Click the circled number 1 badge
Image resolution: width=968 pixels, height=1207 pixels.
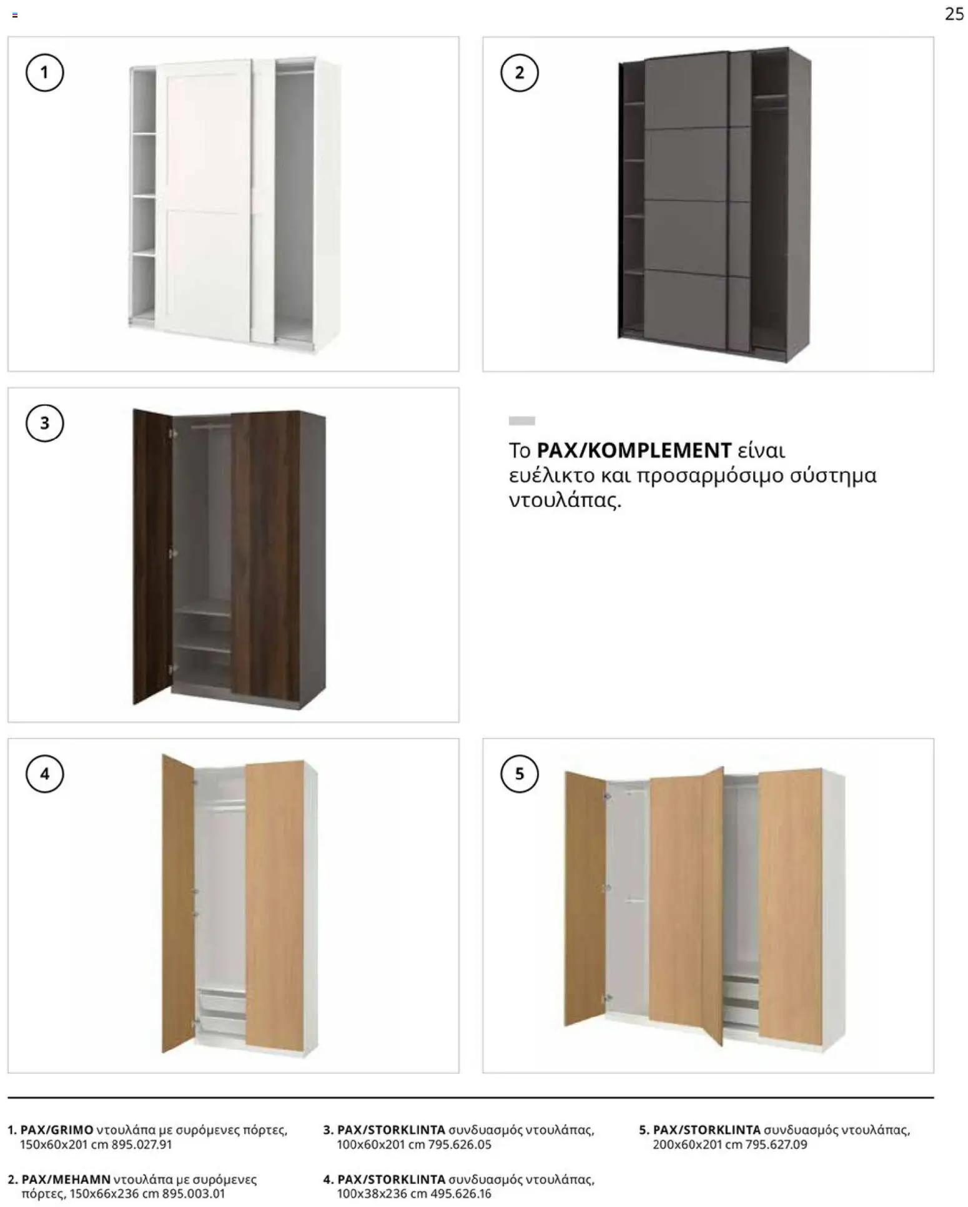point(44,73)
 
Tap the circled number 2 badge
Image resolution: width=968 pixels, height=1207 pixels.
point(519,73)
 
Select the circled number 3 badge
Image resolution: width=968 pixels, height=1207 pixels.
point(44,423)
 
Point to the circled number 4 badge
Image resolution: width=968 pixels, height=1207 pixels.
point(44,774)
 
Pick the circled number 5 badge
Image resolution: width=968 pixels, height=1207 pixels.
point(519,774)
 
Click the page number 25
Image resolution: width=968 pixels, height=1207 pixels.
point(954,14)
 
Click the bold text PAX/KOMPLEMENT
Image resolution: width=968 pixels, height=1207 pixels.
point(634,450)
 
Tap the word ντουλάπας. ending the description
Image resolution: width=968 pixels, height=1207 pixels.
point(565,501)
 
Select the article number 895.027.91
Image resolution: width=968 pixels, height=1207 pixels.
point(141,1145)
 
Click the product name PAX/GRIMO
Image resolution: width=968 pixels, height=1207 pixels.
point(57,1130)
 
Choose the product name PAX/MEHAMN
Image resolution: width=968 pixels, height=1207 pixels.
point(66,1180)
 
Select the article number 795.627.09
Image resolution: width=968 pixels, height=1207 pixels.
point(776,1145)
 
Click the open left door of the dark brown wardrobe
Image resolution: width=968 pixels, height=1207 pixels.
point(152,556)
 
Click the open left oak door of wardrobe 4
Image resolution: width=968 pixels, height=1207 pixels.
point(177,905)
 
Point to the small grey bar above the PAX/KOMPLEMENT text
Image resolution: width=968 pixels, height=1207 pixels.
point(521,421)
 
